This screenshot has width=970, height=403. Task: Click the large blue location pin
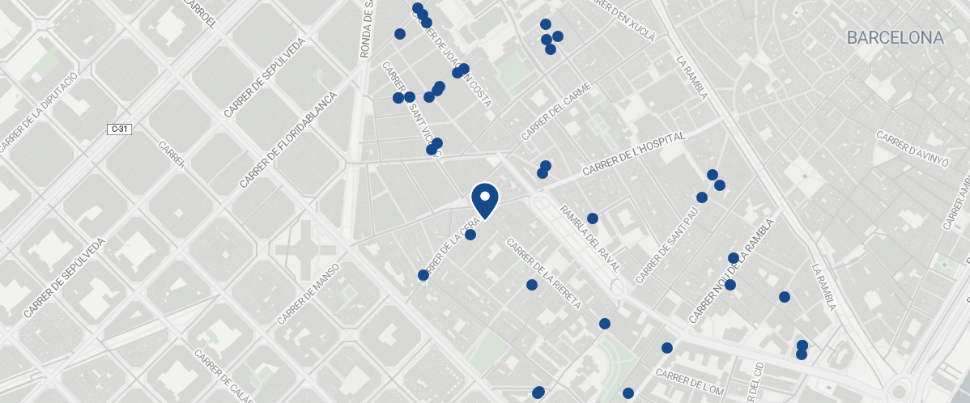click(484, 200)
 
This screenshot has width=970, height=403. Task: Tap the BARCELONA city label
click(895, 37)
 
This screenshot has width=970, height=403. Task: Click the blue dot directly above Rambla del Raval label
click(592, 218)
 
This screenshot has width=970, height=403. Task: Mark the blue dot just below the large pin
click(470, 235)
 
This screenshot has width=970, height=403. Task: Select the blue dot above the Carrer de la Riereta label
click(532, 285)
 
